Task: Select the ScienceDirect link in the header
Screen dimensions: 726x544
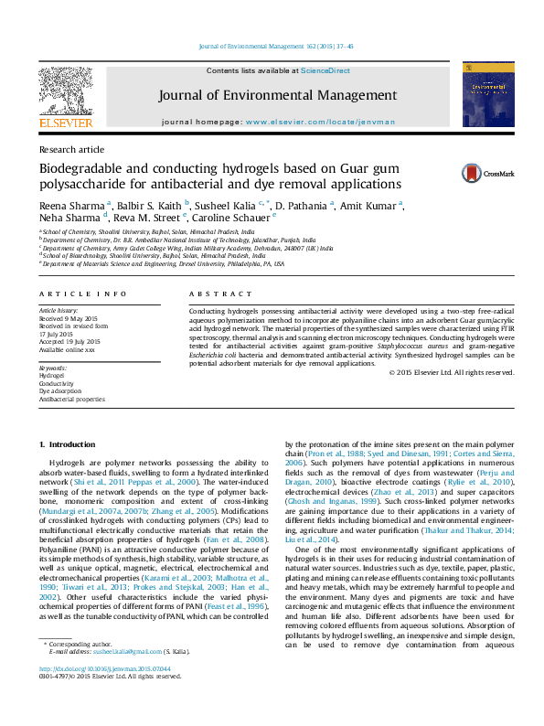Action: pyautogui.click(x=325, y=70)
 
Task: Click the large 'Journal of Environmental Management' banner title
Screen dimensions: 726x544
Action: pyautogui.click(x=277, y=95)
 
